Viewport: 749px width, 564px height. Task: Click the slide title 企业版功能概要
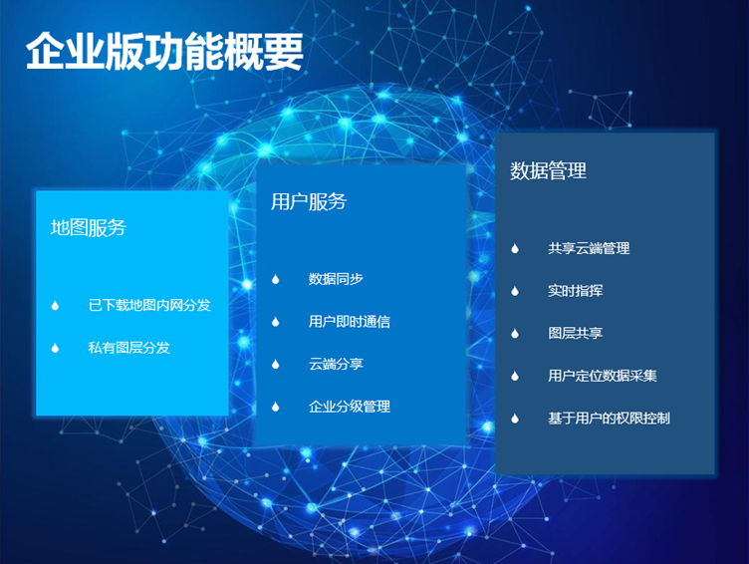click(x=164, y=52)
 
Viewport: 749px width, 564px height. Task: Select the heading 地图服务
click(x=89, y=227)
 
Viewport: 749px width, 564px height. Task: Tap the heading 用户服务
click(x=309, y=201)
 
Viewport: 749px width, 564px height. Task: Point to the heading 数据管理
click(x=548, y=170)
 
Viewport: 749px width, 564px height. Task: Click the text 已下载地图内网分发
click(x=149, y=305)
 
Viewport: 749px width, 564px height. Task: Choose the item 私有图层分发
click(x=128, y=348)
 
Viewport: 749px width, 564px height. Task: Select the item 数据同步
click(x=336, y=279)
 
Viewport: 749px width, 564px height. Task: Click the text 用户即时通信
click(x=350, y=321)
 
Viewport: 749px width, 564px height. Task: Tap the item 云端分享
click(x=336, y=364)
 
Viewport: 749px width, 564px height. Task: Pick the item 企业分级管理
click(x=350, y=407)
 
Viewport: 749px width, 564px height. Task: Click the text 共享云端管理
click(x=589, y=248)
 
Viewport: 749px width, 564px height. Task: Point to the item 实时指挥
click(x=575, y=291)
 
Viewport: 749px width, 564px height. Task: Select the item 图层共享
click(x=575, y=333)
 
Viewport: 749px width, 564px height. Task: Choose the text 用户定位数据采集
click(x=603, y=376)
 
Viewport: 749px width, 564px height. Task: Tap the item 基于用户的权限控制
click(x=609, y=419)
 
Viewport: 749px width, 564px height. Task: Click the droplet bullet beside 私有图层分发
click(x=55, y=348)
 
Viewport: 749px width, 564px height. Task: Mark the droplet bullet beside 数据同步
click(x=275, y=279)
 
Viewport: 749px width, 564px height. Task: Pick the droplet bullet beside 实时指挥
click(x=515, y=291)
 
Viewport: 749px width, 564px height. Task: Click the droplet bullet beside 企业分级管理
click(x=275, y=407)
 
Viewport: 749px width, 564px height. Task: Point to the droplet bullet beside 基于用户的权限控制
click(x=515, y=419)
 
